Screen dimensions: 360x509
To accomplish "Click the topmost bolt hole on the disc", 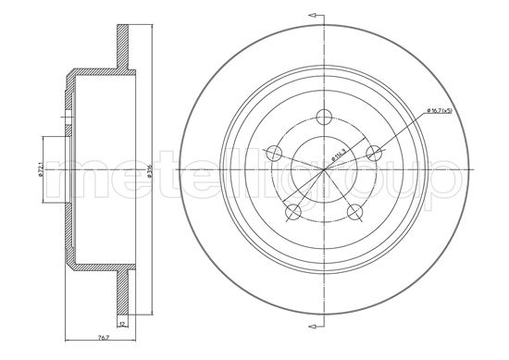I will (325, 117).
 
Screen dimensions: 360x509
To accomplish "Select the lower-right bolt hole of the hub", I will (354, 212).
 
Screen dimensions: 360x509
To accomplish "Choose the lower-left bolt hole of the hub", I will (294, 212).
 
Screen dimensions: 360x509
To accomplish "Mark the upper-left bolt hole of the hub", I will (276, 154).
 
